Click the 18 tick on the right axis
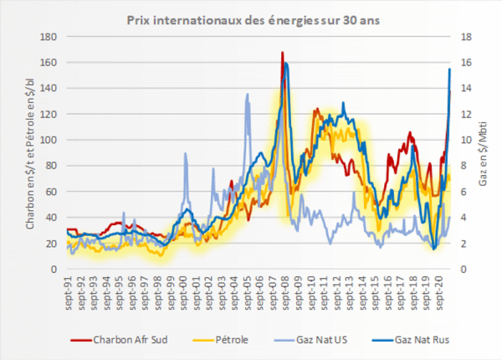click(x=463, y=37)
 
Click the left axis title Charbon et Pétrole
click(x=28, y=153)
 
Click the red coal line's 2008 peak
click(x=283, y=53)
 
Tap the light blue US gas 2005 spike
click(x=248, y=94)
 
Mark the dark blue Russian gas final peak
click(x=450, y=69)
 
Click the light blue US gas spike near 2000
click(x=185, y=153)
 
